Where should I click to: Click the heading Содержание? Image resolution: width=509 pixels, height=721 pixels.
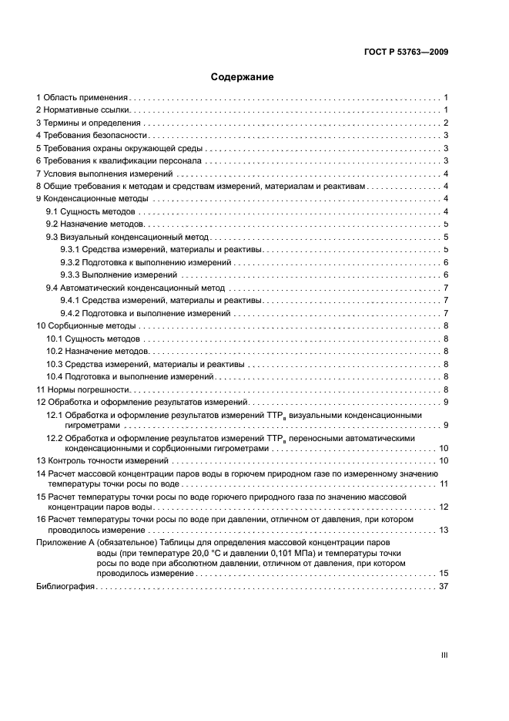[243, 77]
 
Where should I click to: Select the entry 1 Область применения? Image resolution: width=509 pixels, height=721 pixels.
[82, 98]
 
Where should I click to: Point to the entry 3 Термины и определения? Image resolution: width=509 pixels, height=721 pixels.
[88, 123]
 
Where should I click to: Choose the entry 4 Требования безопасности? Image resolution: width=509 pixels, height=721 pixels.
[91, 136]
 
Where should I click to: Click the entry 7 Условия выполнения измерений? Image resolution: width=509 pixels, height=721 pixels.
[100, 174]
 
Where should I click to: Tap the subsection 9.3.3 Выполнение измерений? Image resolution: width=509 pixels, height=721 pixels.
[119, 275]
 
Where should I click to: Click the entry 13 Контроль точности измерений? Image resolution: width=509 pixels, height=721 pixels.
[97, 460]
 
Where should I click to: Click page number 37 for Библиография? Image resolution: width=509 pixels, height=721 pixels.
[444, 587]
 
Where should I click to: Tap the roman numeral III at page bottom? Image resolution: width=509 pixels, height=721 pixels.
[444, 655]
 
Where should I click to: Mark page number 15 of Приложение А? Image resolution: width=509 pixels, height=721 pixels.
[444, 573]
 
